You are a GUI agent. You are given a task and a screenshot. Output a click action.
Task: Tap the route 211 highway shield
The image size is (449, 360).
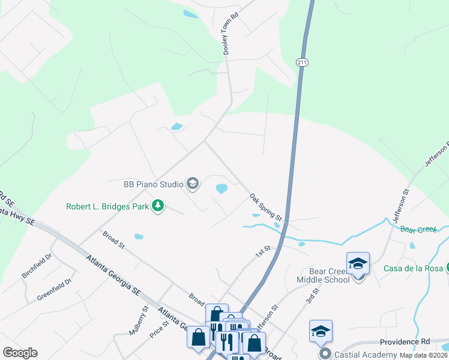pos(302,62)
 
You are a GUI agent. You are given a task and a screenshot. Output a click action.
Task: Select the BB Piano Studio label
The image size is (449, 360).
pos(153,184)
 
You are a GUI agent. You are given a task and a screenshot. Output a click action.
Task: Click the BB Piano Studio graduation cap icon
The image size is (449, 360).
pos(193,184)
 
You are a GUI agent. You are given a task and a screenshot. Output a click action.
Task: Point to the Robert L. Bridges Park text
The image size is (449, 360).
pos(107,208)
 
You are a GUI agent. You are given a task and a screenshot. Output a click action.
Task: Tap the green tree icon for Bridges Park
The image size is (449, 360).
pos(158,206)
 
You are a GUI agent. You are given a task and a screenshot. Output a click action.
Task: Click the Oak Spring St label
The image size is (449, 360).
pos(266,206)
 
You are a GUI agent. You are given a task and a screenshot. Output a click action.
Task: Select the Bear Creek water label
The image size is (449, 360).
pos(417,230)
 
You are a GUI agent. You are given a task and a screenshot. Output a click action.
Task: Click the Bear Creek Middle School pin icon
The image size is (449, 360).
pos(358,264)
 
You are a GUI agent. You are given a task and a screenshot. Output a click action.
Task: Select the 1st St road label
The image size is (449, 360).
pos(262,253)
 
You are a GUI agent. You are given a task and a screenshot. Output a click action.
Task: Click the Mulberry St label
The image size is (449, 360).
pos(138,320)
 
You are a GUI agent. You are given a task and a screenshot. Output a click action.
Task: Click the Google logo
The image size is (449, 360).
pos(20,353)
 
